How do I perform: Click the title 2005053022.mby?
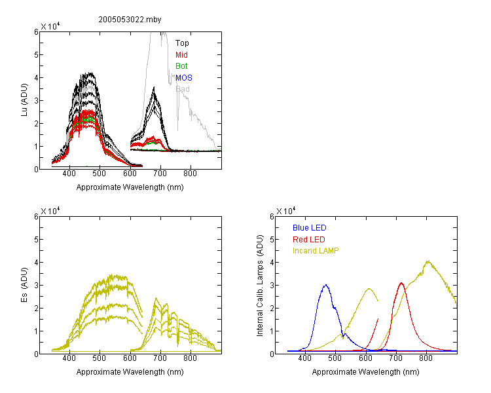130,20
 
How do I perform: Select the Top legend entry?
182,43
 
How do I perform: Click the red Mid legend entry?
181,55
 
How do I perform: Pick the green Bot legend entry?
181,65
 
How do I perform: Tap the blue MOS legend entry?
184,78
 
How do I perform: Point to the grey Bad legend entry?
183,89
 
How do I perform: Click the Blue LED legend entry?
310,228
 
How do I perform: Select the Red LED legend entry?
309,240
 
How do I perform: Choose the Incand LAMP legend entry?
316,251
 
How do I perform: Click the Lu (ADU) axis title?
24,100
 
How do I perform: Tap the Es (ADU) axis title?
24,285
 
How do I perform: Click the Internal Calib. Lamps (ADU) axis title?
260,286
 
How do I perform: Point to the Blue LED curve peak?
325,285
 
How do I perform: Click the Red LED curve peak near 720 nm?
401,283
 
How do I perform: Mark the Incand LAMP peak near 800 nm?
427,261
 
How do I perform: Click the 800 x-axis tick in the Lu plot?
190,174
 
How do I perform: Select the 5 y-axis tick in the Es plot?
36,240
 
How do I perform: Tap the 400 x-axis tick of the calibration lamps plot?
305,358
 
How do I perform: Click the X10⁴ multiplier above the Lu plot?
50,26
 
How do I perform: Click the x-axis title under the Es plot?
130,372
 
